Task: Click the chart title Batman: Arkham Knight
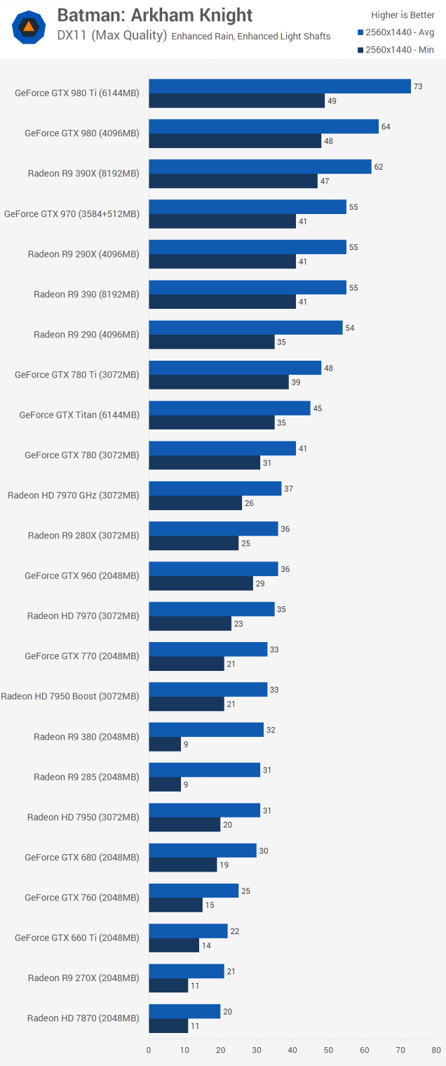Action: coord(154,15)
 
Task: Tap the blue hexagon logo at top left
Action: coord(29,27)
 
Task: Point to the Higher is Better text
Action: coord(403,15)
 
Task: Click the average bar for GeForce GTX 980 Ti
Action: coord(279,86)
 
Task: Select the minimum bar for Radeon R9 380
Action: coord(165,745)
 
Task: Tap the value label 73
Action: coord(418,86)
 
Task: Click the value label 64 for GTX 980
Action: coord(386,127)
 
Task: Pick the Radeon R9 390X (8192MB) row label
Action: coord(83,173)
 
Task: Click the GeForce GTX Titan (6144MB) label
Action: coord(79,415)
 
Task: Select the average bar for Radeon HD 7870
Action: coord(184,1011)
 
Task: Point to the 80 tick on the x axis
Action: coord(437,1051)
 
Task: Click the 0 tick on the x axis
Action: coord(149,1051)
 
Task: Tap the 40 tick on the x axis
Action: coord(292,1051)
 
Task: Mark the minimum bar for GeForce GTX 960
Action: coord(201,583)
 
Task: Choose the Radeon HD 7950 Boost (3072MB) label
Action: coord(70,696)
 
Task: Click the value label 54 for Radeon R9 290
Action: coord(350,328)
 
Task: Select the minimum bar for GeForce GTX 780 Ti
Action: coord(219,382)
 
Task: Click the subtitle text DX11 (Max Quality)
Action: coord(112,36)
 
